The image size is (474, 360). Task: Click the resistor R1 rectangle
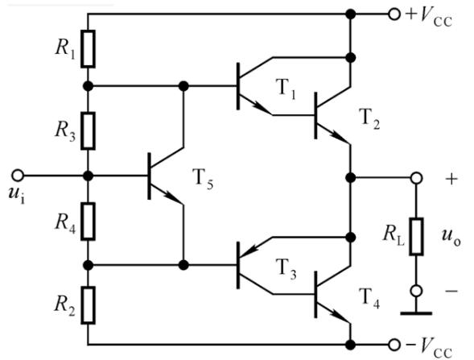[88, 48]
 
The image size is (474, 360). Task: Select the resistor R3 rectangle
[88, 130]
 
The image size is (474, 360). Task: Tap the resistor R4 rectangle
[88, 221]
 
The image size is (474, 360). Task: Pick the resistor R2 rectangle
[88, 305]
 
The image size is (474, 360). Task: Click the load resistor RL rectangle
[416, 236]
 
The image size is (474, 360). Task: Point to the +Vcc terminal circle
[394, 14]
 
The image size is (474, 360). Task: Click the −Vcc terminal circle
[394, 344]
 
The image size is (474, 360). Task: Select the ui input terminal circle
[18, 175]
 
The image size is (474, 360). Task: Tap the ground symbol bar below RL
[416, 313]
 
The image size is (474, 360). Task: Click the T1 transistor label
[286, 88]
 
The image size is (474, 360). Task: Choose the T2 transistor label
[369, 118]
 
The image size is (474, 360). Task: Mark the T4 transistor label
[369, 297]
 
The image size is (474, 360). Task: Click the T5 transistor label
[203, 179]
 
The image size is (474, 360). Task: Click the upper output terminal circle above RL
[416, 178]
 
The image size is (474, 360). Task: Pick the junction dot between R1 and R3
[88, 86]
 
